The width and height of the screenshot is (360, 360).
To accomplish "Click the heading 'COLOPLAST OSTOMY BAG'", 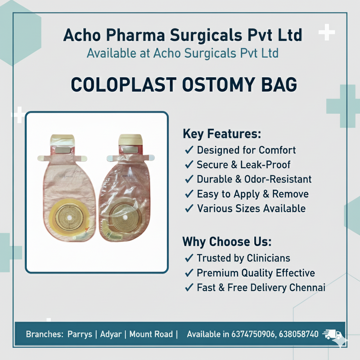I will (184, 85).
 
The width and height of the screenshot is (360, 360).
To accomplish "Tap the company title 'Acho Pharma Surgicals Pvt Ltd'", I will (182, 36).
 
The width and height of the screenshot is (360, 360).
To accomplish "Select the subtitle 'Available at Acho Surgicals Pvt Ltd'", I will (182, 53).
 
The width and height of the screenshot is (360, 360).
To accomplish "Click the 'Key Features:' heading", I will (222, 134).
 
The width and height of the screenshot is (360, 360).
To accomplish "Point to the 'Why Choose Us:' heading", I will (227, 242).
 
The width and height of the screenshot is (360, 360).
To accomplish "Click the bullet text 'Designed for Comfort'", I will (246, 150).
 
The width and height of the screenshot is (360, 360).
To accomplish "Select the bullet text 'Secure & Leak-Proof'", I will (243, 165).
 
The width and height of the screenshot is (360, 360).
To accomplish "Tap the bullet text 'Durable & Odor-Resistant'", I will (254, 179).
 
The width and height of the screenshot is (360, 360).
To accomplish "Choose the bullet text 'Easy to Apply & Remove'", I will (252, 194).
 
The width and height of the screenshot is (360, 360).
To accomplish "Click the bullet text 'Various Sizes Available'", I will (251, 208).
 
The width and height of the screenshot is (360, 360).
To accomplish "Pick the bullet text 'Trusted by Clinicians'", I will (243, 258).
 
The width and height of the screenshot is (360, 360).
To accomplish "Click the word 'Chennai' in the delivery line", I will (307, 288).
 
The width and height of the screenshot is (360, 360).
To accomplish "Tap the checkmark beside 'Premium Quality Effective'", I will (189, 273).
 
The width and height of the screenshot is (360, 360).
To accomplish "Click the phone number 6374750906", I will (253, 334).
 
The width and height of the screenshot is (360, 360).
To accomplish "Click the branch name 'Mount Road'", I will (151, 334).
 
